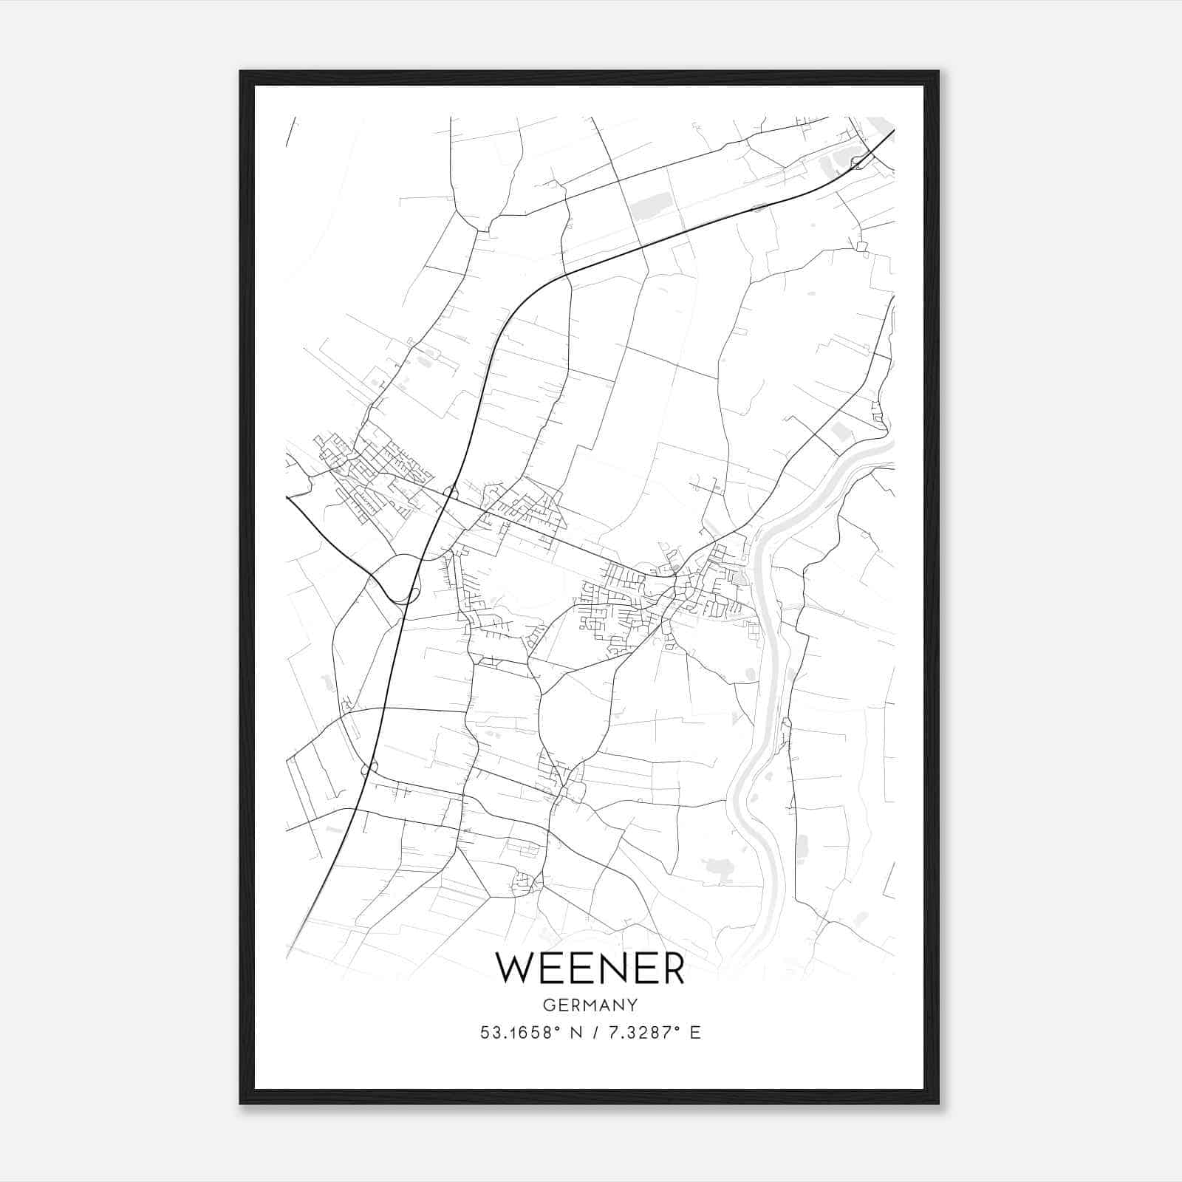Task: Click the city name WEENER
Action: click(x=590, y=968)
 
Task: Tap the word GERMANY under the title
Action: click(x=590, y=1005)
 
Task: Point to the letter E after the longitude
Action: click(x=694, y=1033)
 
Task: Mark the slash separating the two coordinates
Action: click(x=594, y=1033)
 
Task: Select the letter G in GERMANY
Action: click(x=548, y=1005)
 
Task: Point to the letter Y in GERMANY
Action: click(x=632, y=1005)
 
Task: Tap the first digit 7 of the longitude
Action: click(x=612, y=1033)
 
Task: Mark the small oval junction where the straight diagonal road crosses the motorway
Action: click(x=449, y=491)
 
